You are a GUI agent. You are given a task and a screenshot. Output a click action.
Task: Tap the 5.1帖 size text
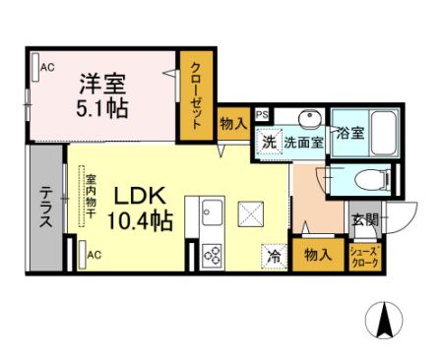tap(101, 107)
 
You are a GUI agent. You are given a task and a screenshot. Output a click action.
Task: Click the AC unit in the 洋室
tap(44, 66)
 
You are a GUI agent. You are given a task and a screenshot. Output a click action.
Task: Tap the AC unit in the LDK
tap(91, 254)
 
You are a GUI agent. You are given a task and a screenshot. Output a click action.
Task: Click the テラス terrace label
tap(45, 207)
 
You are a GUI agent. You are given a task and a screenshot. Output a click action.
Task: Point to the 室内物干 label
tap(90, 197)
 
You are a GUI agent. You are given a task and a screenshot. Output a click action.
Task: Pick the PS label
tap(262, 115)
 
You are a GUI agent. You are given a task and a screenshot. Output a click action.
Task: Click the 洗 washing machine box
tap(269, 142)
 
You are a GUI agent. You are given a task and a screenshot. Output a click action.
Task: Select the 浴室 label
tap(349, 134)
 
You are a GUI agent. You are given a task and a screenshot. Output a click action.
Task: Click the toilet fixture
tap(368, 180)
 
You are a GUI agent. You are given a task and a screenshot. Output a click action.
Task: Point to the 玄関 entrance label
tap(363, 219)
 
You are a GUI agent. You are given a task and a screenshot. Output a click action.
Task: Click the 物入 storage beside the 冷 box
tap(316, 254)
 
